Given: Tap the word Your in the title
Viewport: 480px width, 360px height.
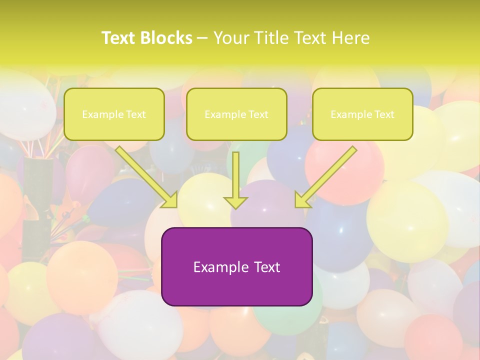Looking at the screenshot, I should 231,38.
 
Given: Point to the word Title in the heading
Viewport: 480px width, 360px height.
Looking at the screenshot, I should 271,38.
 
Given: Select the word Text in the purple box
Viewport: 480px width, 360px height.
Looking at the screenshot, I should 266,267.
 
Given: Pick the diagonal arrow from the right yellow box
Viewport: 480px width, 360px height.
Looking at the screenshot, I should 325,177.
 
